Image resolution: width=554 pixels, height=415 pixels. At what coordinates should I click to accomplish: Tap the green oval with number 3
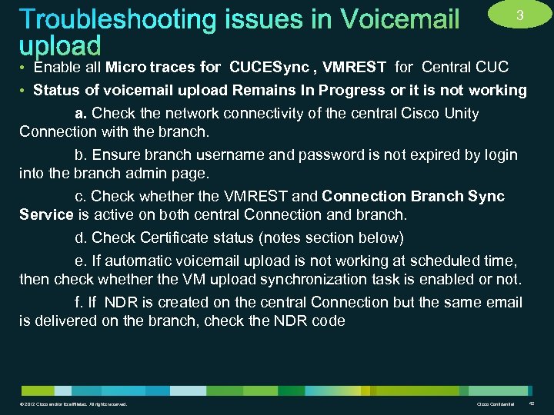click(520, 15)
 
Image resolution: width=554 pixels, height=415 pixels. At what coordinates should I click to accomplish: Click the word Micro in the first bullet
click(126, 67)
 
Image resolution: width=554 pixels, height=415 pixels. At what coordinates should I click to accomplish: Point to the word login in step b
click(499, 155)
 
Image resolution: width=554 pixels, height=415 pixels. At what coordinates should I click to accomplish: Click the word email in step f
click(503, 302)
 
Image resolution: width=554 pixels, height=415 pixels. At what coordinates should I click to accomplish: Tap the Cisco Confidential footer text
click(493, 404)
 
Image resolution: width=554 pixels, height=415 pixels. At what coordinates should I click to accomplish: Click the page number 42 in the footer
click(532, 404)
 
